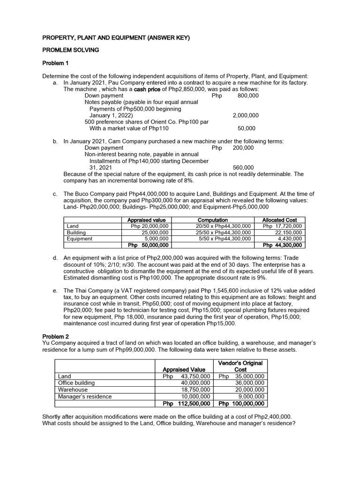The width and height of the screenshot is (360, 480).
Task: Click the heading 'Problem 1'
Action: tap(55, 63)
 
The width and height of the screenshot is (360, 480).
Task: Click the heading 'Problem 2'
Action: tap(55, 337)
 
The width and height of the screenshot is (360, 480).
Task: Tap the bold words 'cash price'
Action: tap(149, 89)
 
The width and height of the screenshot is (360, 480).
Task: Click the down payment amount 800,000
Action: tap(248, 96)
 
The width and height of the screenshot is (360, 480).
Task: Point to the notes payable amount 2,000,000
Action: tap(245, 115)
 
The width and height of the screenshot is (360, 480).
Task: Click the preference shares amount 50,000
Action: tap(247, 128)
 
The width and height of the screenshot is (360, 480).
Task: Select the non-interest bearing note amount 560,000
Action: tap(243, 167)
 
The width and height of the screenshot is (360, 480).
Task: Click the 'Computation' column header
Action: tap(213, 220)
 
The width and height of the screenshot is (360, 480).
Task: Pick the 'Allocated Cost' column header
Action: tap(279, 220)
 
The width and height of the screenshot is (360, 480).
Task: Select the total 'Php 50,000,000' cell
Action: tap(148, 245)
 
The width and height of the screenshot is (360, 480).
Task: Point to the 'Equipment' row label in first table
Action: tap(80, 238)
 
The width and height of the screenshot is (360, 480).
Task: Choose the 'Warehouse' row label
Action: tap(72, 390)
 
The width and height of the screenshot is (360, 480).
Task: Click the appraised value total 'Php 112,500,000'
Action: tap(186, 403)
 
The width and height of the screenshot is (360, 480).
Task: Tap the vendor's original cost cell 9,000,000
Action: tap(250, 396)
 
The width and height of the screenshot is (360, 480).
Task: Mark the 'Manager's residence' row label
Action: tap(84, 396)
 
